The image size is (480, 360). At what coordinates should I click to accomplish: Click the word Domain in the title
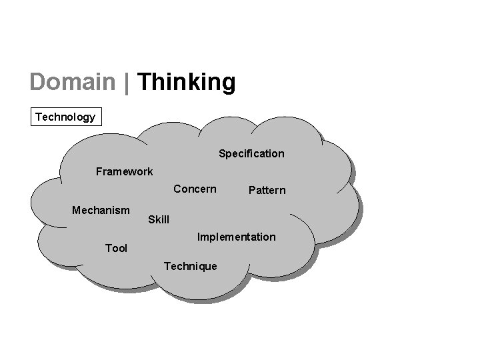[x=73, y=82]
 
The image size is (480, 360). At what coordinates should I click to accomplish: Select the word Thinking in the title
[x=187, y=83]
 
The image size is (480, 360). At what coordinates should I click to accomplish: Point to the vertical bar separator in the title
[x=127, y=83]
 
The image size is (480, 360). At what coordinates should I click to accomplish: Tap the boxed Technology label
[x=65, y=117]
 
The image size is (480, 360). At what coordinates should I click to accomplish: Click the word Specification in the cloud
[x=251, y=154]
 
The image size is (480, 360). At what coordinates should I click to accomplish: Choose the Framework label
[x=124, y=171]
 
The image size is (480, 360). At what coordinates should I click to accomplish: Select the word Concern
[x=195, y=189]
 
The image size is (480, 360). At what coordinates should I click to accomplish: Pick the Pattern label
[x=267, y=191]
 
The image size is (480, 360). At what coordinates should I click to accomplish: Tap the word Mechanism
[x=101, y=210]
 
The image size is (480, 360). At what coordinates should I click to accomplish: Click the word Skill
[x=159, y=219]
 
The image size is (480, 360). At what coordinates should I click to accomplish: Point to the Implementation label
[x=236, y=237]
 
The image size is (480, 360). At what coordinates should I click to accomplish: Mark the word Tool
[x=116, y=248]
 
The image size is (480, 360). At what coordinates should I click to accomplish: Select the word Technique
[x=190, y=266]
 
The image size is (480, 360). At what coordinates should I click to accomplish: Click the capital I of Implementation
[x=199, y=237]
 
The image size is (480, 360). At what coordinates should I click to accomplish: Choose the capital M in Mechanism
[x=77, y=210]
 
